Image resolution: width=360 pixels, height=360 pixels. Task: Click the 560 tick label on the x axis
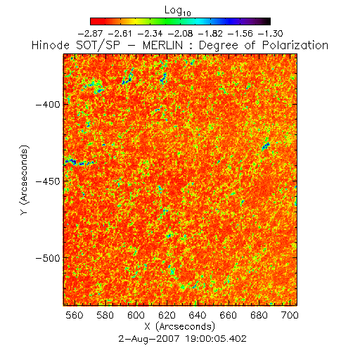point(75,315)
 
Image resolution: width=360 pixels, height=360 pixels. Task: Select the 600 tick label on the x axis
point(136,315)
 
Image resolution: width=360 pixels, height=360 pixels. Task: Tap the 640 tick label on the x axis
point(198,315)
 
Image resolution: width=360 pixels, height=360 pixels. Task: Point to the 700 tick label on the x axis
point(290,315)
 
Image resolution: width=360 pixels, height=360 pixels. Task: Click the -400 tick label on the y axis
point(48,105)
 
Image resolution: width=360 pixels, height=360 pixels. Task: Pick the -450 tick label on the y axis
point(48,181)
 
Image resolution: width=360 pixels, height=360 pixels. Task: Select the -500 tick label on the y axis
point(48,258)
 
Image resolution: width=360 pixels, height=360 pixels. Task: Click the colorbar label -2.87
point(90,34)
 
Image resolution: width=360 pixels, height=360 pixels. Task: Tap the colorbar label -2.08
point(181,34)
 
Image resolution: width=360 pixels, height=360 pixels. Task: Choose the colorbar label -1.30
point(271,34)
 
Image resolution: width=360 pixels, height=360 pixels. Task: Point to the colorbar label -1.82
point(210,34)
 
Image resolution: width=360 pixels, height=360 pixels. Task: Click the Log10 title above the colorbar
point(178,11)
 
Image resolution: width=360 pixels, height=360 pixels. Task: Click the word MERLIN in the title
point(162,45)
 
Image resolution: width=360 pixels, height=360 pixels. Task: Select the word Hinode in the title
point(51,45)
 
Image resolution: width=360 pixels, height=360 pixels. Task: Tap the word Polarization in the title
point(295,45)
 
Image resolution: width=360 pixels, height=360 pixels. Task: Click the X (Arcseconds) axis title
point(180,326)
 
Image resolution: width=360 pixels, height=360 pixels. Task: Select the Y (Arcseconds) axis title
point(24,180)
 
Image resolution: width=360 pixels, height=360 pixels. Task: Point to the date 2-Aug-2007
point(149,339)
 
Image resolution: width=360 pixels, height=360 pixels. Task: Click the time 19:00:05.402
point(216,339)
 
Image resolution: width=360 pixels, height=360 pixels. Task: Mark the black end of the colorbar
point(267,21)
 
